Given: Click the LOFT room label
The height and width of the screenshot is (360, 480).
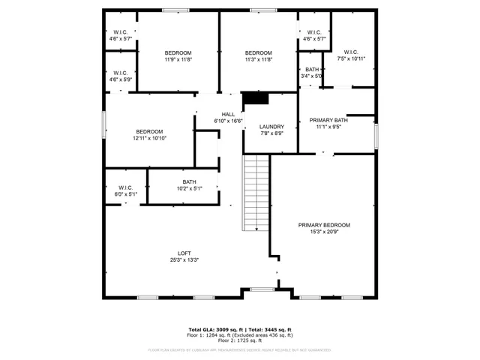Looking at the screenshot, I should pos(184,253).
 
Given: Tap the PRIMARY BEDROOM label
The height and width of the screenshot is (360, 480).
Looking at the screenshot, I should pos(324,225).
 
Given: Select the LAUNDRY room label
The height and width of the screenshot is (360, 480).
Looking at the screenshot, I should pos(271,127).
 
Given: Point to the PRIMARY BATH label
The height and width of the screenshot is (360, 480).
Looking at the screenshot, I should pos(329,120).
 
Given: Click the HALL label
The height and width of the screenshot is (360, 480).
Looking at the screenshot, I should pos(228,114).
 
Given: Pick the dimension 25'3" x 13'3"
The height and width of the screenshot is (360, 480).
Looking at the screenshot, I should pos(184,260).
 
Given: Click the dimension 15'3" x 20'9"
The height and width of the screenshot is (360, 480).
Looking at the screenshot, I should pos(324,232).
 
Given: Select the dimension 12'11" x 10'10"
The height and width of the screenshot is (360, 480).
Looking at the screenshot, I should pos(149,139).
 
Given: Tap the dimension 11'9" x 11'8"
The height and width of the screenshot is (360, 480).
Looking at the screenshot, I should pos(178,59).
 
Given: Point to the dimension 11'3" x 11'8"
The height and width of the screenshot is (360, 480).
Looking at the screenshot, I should pos(258,59).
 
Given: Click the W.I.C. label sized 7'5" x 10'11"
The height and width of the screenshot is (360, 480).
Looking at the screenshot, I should pos(350,52).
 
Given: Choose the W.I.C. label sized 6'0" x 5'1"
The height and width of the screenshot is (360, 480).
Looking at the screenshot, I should pos(125,187).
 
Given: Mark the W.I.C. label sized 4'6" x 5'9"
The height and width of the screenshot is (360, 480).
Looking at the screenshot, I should pos(120,72).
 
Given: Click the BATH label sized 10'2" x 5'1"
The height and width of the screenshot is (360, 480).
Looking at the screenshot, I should pos(189,181).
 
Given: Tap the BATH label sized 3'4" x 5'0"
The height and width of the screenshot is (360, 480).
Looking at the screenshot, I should pos(311,69).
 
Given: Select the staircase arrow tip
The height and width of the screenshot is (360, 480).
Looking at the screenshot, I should pos(257,230).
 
